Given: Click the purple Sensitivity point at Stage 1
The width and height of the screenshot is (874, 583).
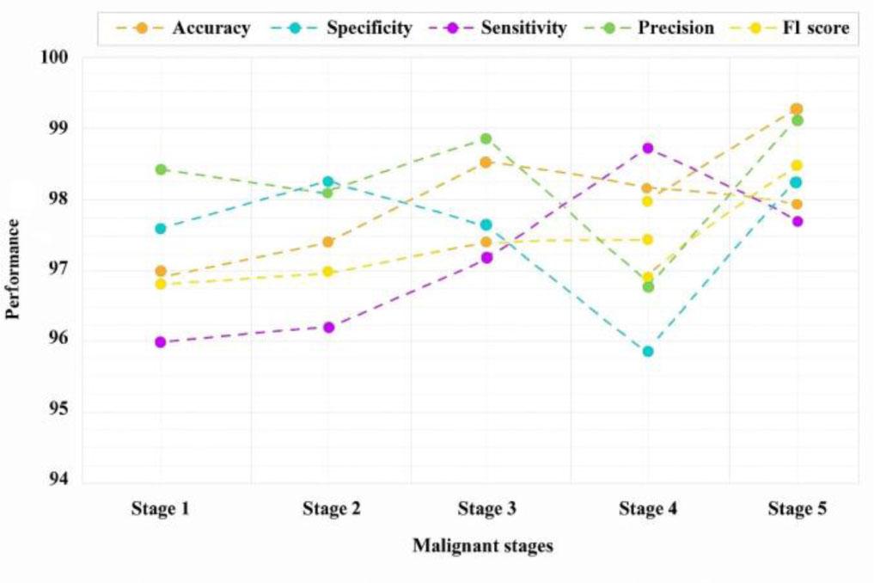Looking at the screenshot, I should [x=161, y=342].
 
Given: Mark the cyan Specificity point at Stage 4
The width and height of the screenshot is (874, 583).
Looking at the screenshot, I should [x=648, y=351].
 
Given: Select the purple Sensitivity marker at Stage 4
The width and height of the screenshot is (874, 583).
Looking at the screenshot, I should [x=648, y=148].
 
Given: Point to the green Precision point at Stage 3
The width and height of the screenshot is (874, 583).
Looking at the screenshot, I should [x=486, y=138].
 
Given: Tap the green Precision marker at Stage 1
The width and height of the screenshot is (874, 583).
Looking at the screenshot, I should [x=161, y=169].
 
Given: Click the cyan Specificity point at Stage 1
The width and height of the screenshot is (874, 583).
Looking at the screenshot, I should [x=161, y=229].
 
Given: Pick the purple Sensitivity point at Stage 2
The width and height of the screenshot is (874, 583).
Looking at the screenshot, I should [x=328, y=327].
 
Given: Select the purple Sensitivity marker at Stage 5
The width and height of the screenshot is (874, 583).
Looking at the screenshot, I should [x=797, y=221].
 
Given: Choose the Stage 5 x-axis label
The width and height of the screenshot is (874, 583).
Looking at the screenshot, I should [x=797, y=509].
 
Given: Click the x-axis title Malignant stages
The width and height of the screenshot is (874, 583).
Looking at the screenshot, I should [x=482, y=545].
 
